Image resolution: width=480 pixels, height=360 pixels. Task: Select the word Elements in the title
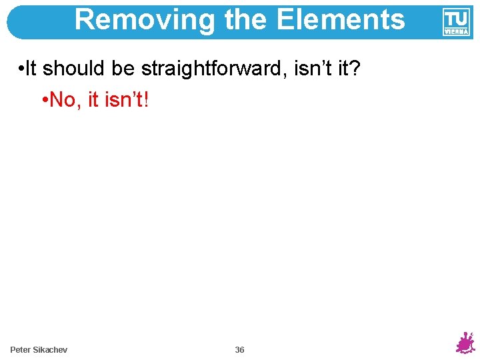click(x=340, y=20)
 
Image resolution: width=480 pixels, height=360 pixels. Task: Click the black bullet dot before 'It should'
click(x=22, y=69)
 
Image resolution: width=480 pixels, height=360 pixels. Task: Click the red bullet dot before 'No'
click(x=43, y=101)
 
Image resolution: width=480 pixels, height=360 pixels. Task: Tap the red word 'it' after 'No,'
click(x=94, y=100)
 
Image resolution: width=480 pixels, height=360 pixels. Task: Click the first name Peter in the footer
click(x=21, y=350)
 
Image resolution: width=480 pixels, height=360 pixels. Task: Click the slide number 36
click(x=240, y=350)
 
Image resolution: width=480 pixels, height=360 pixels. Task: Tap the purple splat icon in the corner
click(x=465, y=343)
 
